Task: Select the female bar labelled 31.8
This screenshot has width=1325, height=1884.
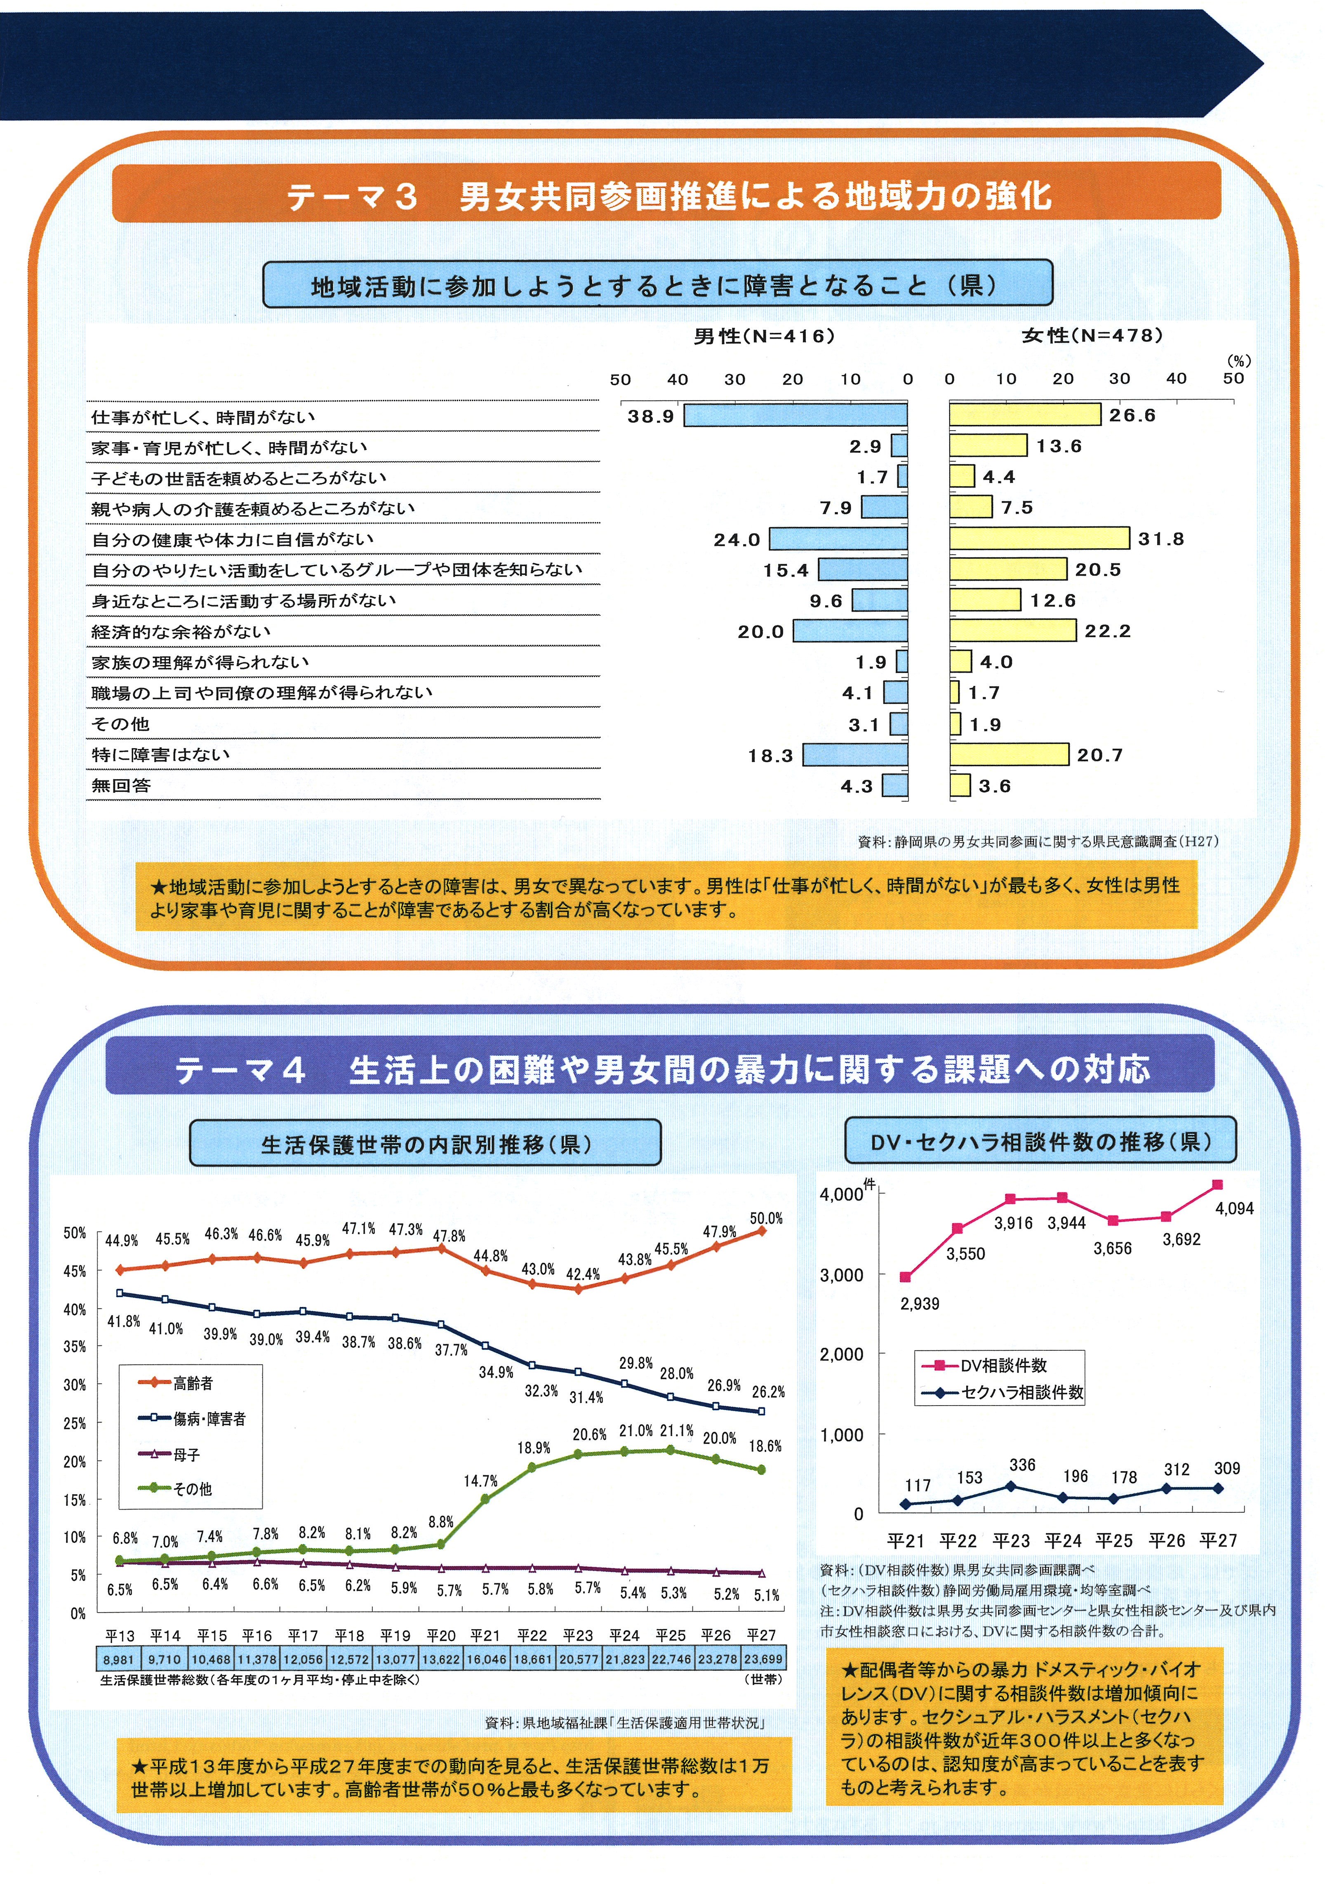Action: point(1040,538)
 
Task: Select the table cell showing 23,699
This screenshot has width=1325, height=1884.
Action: point(763,1659)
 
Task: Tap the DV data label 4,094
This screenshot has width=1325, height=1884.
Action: point(1235,1209)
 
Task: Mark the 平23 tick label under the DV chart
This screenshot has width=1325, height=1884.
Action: point(1011,1540)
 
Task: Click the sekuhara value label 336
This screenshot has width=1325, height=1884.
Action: point(1022,1465)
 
